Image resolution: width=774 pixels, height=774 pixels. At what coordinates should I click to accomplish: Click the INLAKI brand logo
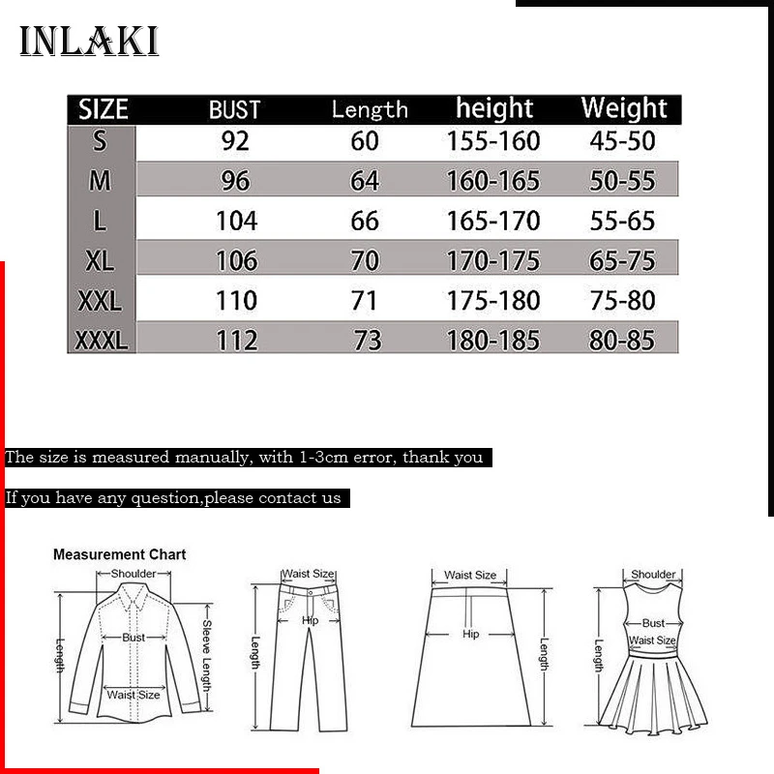pyautogui.click(x=89, y=42)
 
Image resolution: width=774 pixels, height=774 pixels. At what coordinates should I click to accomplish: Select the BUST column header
pyautogui.click(x=235, y=108)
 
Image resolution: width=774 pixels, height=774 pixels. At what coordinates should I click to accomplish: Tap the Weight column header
pyautogui.click(x=624, y=107)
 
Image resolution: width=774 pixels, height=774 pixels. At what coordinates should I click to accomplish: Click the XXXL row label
pyautogui.click(x=102, y=340)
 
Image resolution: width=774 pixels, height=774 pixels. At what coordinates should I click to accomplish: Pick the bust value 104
pyautogui.click(x=236, y=221)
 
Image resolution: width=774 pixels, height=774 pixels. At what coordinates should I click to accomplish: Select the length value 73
pyautogui.click(x=367, y=341)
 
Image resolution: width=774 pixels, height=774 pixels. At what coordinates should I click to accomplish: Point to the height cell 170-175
pyautogui.click(x=492, y=260)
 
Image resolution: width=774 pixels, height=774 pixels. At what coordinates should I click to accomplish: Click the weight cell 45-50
pyautogui.click(x=622, y=141)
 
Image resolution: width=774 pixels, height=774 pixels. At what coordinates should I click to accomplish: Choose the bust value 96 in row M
pyautogui.click(x=235, y=181)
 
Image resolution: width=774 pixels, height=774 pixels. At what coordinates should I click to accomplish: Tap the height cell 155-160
pyautogui.click(x=492, y=141)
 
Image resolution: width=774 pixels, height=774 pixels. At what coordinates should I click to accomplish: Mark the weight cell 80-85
pyautogui.click(x=622, y=341)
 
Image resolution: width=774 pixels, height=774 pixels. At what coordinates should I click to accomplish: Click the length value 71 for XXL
pyautogui.click(x=364, y=300)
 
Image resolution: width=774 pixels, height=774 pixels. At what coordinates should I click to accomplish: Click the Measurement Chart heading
pyautogui.click(x=119, y=554)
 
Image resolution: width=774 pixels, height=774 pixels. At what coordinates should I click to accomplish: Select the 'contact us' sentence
pyautogui.click(x=173, y=498)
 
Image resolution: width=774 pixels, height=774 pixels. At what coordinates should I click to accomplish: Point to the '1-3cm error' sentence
pyautogui.click(x=244, y=458)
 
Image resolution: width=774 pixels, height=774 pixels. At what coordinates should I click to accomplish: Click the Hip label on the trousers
pyautogui.click(x=311, y=620)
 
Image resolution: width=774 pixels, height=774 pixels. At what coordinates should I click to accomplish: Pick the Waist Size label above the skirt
pyautogui.click(x=470, y=575)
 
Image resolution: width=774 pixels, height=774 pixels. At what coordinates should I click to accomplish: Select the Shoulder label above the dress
pyautogui.click(x=653, y=575)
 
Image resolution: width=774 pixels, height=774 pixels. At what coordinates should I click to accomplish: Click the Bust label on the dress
pyautogui.click(x=654, y=623)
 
